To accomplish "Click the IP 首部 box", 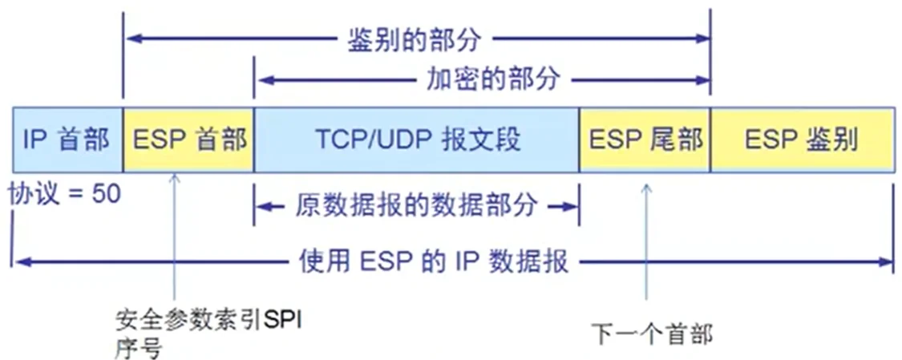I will (x=67, y=140).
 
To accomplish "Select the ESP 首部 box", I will (x=188, y=140).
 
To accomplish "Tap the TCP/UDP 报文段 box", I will (x=416, y=140).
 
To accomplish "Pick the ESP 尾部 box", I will (x=645, y=140).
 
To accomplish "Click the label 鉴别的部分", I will (x=417, y=38).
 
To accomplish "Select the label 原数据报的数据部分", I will (x=416, y=205).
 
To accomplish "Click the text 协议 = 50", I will (x=65, y=193).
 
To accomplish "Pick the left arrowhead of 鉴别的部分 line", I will (x=130, y=37).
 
